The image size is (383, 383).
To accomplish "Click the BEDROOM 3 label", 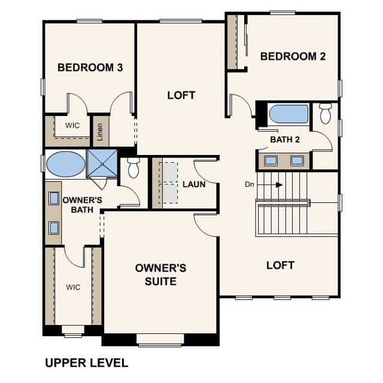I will (x=90, y=68).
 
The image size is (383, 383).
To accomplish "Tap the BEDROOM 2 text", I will (x=293, y=56).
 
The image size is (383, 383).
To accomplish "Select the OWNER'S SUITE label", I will (x=160, y=273).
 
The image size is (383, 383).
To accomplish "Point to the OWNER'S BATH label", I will (x=82, y=205).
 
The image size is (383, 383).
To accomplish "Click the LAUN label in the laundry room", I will (x=194, y=184).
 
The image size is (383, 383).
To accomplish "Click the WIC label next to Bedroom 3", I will (x=72, y=126).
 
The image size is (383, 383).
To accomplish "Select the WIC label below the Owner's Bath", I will (x=72, y=287).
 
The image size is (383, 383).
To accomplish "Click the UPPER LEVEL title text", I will (x=86, y=363).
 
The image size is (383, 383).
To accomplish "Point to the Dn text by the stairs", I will (x=250, y=185).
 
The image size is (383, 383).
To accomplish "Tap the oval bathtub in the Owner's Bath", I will (x=66, y=164).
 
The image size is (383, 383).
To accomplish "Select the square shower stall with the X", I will (x=103, y=163).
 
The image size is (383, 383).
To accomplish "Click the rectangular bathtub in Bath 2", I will (x=288, y=114).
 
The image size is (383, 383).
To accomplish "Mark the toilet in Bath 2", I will (x=325, y=113).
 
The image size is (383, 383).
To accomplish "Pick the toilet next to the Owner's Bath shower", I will (x=133, y=168).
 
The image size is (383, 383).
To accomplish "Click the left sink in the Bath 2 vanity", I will (x=270, y=160).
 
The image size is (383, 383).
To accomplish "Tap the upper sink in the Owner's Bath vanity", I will (x=53, y=198).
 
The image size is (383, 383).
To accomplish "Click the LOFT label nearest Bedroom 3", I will (x=181, y=95).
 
